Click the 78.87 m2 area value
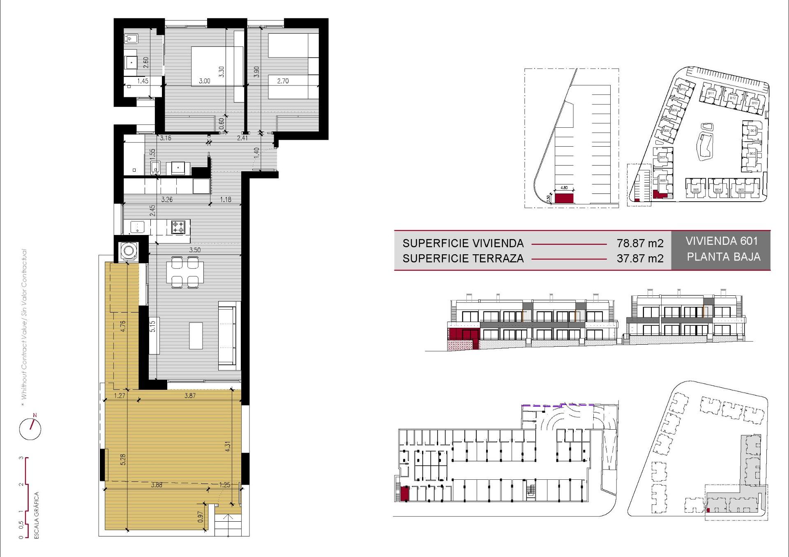click(640, 243)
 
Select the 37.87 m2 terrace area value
click(640, 258)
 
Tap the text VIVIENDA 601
click(722, 241)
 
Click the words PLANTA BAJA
click(723, 257)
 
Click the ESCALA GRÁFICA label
click(37, 515)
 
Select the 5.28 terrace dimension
click(122, 459)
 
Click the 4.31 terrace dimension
click(228, 447)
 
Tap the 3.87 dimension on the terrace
click(190, 396)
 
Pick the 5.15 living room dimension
click(152, 327)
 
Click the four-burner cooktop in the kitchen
click(178, 227)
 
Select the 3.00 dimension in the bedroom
click(204, 81)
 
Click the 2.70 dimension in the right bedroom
click(283, 81)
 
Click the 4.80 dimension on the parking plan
click(564, 188)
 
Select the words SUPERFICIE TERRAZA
click(463, 258)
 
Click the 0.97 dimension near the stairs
click(201, 516)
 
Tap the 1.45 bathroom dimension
click(143, 81)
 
